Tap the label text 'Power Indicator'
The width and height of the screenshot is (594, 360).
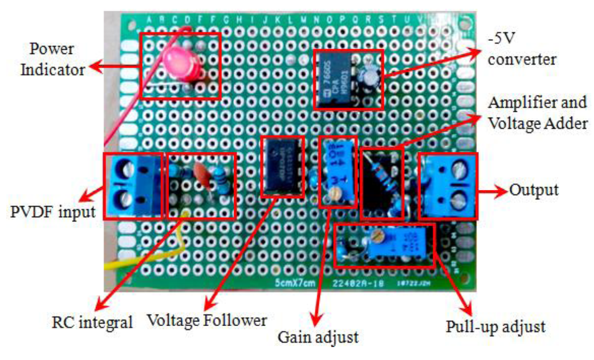coord(52,59)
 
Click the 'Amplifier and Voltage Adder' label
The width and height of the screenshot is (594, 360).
coord(537,113)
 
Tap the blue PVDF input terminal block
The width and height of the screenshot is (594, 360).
coord(133,186)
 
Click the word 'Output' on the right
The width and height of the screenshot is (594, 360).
coord(533,190)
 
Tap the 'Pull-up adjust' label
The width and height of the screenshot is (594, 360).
coord(495,327)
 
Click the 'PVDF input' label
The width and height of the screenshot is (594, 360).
coord(53,212)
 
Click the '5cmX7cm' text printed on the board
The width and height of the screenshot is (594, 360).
coord(295,283)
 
